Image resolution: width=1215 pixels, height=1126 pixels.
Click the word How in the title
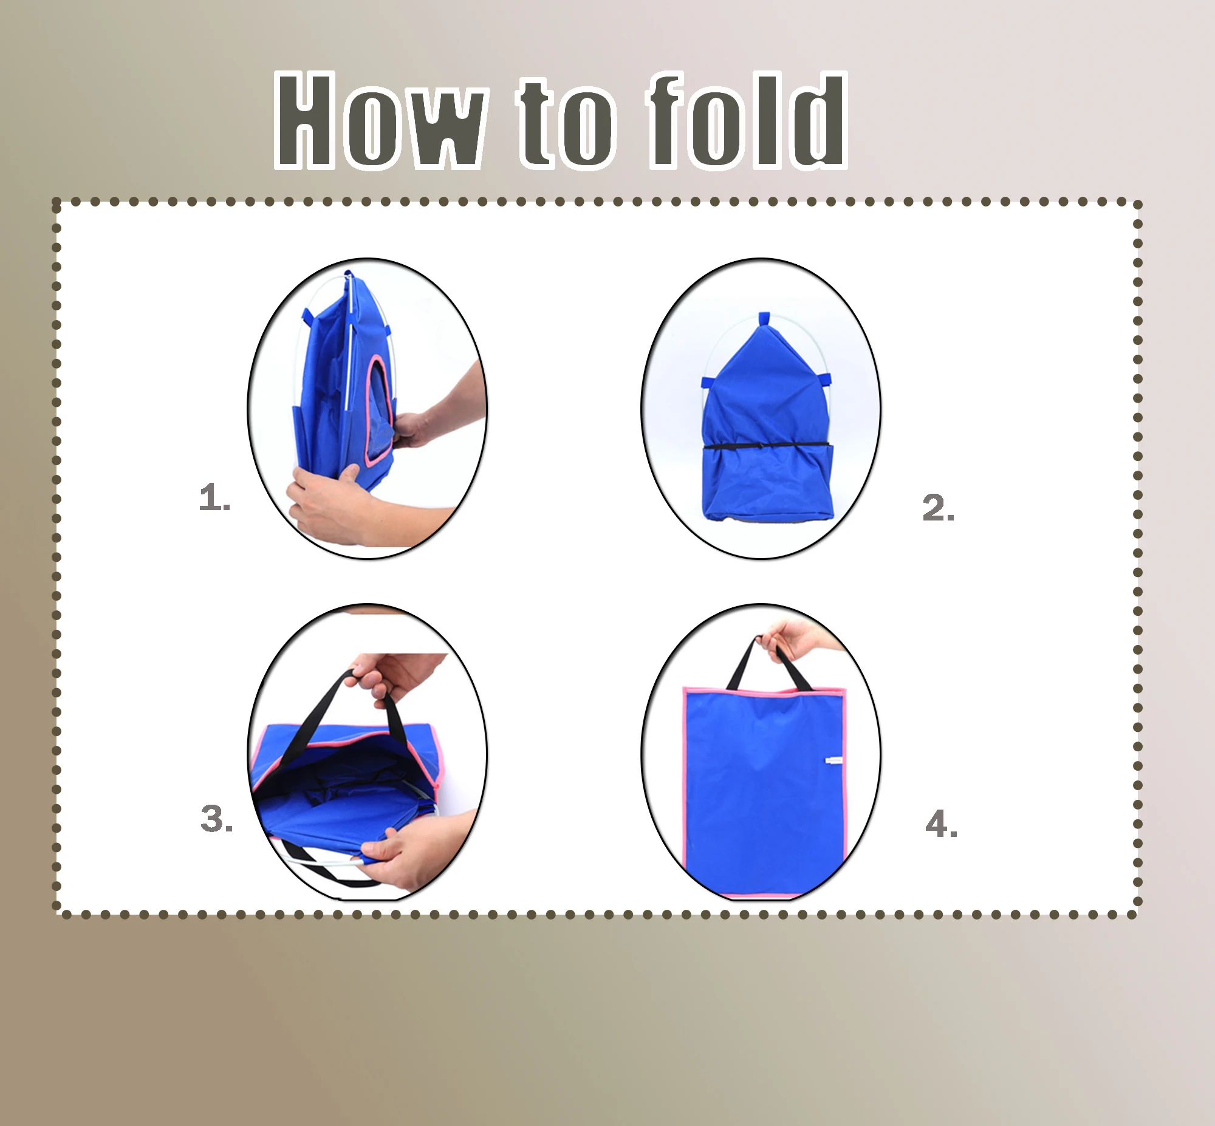381,120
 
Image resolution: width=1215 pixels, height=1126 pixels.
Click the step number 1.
214,498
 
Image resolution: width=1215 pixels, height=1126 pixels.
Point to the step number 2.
937,508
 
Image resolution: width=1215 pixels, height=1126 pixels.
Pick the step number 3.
216,818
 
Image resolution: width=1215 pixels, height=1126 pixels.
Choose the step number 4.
940,824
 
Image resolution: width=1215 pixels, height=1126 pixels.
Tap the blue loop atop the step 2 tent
764,319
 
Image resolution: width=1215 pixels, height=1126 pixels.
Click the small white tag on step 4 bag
833,760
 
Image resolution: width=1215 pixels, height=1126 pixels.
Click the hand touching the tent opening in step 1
420,426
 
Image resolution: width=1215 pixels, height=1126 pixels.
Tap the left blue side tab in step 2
707,383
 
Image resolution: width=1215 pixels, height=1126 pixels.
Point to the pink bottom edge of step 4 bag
762,895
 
